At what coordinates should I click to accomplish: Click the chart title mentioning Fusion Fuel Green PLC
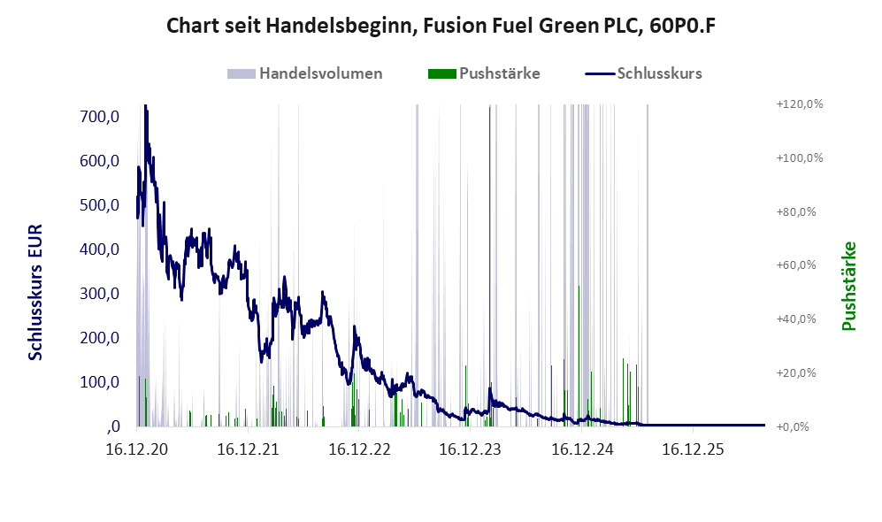[x=441, y=26]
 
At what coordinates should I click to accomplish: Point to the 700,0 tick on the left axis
[x=100, y=117]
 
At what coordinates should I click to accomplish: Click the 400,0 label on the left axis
[x=100, y=249]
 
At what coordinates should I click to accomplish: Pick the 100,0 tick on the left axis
[x=100, y=382]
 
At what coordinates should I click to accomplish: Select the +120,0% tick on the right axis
[x=800, y=104]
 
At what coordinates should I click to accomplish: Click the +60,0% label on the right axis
[x=796, y=265]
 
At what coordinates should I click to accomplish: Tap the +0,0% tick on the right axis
[x=793, y=427]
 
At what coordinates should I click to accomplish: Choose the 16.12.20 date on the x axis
[x=137, y=449]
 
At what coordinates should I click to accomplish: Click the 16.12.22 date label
[x=359, y=449]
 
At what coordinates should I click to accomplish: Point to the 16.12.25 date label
[x=693, y=449]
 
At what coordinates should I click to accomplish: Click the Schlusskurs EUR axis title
[x=35, y=293]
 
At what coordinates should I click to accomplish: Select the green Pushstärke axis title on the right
[x=848, y=287]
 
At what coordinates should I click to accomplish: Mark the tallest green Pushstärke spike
[x=489, y=265]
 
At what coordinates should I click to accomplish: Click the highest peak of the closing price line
[x=146, y=105]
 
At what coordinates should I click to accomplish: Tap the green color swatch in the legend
[x=441, y=73]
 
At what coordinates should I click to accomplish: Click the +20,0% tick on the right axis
[x=796, y=373]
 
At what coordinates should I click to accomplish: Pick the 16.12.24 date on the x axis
[x=582, y=449]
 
